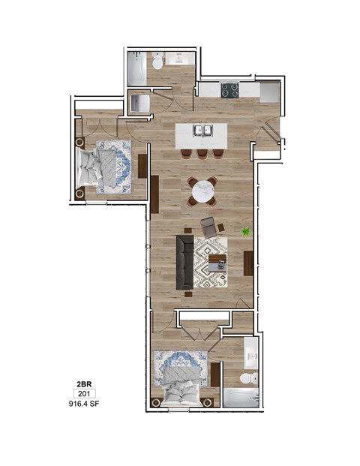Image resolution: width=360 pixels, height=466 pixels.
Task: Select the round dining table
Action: [x=202, y=191]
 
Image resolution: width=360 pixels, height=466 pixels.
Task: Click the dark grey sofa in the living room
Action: [x=184, y=262]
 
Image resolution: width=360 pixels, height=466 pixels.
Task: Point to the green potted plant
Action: [x=244, y=232]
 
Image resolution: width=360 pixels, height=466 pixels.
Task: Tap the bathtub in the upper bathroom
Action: [x=136, y=68]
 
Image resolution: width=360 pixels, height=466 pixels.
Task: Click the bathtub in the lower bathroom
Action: [x=239, y=398]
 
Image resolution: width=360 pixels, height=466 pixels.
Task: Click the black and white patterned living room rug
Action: [x=211, y=262]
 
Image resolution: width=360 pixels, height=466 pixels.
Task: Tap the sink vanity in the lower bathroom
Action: [x=251, y=353]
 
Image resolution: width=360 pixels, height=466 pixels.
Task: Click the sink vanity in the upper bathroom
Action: [x=179, y=60]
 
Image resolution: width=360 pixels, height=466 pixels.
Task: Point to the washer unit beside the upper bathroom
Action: [x=140, y=104]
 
